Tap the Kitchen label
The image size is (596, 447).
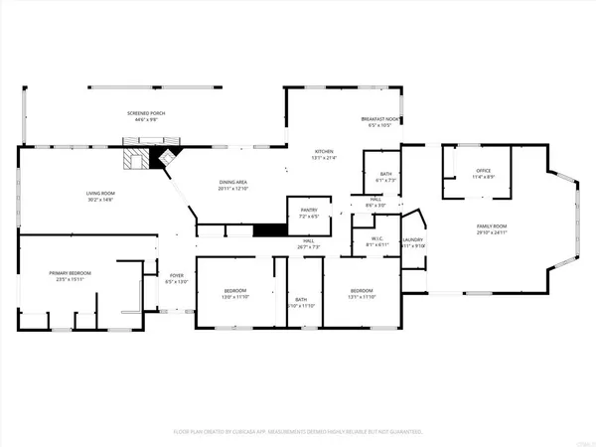325,153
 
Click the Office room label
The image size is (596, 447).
483,173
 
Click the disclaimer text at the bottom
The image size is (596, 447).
298,432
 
